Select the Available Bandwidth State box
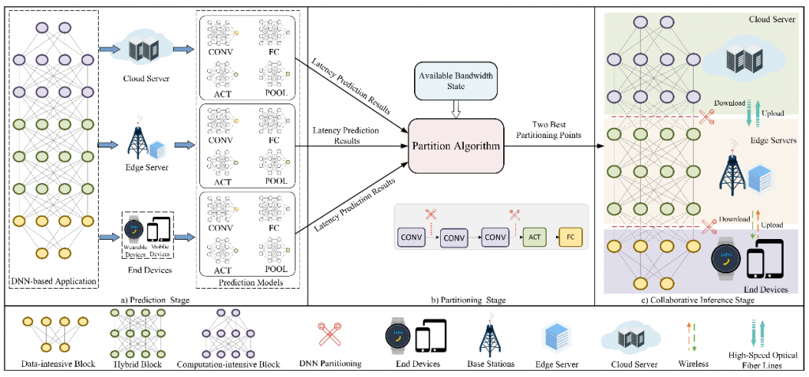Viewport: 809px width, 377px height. click(x=457, y=84)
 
